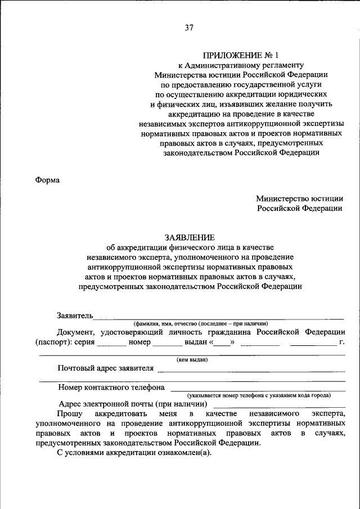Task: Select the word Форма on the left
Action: tap(47, 180)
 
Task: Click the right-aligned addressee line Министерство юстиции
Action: tap(299, 198)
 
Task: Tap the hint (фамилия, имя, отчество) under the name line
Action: tap(200, 323)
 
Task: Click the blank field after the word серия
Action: tap(111, 342)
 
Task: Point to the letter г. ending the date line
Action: tap(341, 342)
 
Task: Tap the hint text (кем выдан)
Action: tap(192, 359)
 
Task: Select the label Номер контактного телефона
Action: tap(111, 387)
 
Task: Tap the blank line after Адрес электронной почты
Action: tap(280, 404)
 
